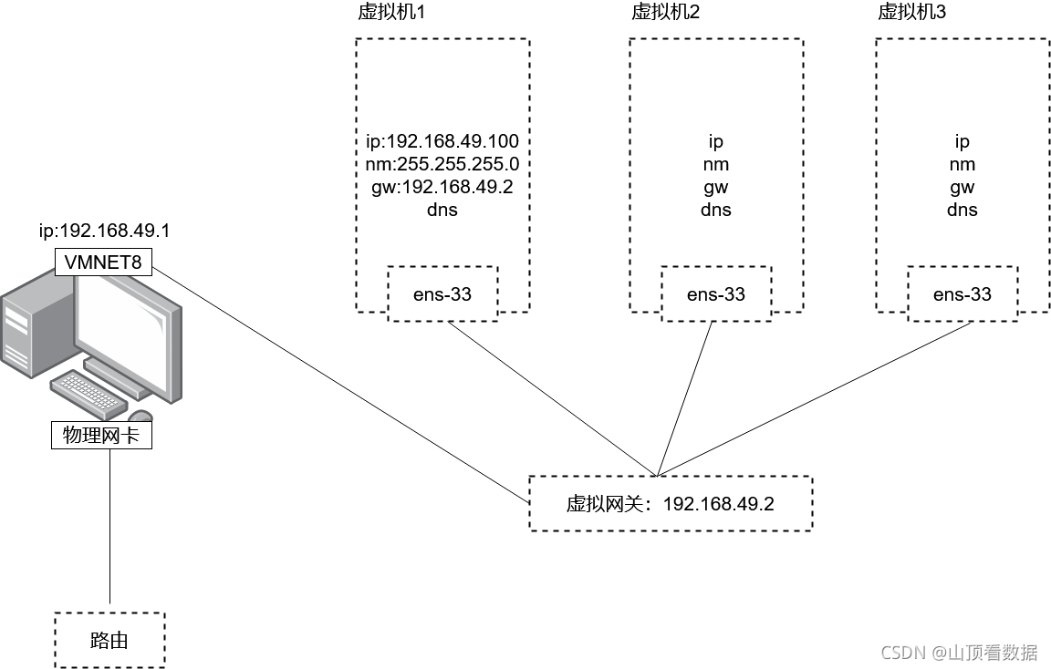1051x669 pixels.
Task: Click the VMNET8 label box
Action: click(x=103, y=263)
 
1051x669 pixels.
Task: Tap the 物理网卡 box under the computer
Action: click(x=101, y=436)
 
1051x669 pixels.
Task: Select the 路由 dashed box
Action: click(x=109, y=640)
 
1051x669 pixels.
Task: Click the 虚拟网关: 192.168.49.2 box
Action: click(x=670, y=503)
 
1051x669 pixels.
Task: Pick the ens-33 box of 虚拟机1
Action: click(x=442, y=293)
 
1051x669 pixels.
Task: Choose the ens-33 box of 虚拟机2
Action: click(x=716, y=293)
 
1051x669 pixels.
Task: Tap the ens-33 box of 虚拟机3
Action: click(x=963, y=293)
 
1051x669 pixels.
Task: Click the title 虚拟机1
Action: click(x=392, y=13)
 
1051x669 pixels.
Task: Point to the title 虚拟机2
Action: click(x=666, y=13)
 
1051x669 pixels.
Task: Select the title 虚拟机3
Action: click(x=912, y=13)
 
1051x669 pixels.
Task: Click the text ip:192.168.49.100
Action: click(x=442, y=141)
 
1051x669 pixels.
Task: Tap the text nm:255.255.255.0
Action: click(x=442, y=165)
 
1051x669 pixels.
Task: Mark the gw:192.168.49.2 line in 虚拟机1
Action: click(x=442, y=188)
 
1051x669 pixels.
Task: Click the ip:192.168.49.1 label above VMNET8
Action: click(x=104, y=231)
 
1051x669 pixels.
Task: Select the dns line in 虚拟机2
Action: click(x=716, y=211)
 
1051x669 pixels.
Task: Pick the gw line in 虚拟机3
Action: click(x=963, y=188)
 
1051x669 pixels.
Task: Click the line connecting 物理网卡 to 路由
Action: click(x=109, y=529)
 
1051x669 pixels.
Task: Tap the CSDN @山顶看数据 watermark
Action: click(x=959, y=652)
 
